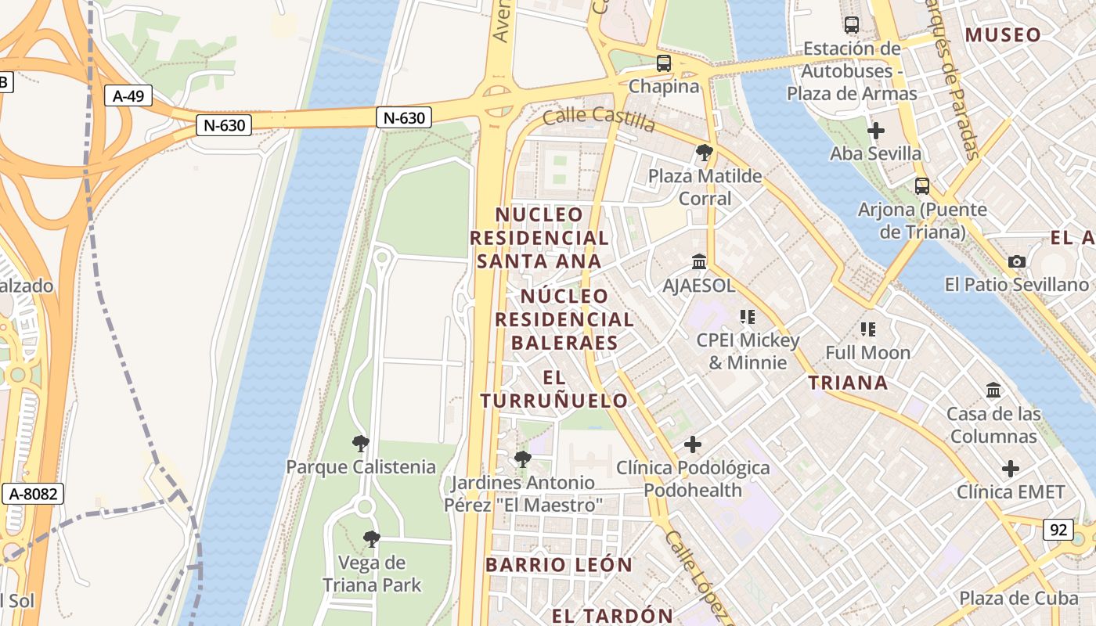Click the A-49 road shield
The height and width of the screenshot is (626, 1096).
tap(128, 95)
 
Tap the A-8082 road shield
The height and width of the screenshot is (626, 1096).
tap(32, 494)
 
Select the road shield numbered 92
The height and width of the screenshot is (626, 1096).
tap(1058, 530)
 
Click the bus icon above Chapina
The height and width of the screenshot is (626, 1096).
tap(663, 63)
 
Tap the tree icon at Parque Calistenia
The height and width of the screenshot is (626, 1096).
tap(360, 444)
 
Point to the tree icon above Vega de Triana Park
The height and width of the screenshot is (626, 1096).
tap(371, 539)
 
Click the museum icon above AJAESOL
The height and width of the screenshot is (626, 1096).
tap(698, 261)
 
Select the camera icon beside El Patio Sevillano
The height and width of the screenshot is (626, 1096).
tap(1016, 261)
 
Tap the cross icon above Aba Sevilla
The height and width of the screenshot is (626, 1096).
tap(876, 130)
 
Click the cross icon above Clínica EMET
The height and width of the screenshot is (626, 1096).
tap(1011, 469)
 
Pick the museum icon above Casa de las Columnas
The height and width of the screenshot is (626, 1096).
tap(993, 390)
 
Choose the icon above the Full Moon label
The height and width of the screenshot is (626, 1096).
tap(867, 329)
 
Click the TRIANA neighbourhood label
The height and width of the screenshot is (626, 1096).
tap(848, 383)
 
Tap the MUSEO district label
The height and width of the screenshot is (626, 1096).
tap(1003, 34)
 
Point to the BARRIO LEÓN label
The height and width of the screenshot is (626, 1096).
tap(558, 564)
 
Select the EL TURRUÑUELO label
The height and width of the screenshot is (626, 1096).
tap(553, 389)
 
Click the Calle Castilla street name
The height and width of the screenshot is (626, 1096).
tap(598, 118)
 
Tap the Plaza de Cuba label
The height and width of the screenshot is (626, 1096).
tap(1018, 598)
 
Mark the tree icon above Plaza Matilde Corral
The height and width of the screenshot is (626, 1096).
tap(704, 152)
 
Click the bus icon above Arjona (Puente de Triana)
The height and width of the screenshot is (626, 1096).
tap(922, 185)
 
